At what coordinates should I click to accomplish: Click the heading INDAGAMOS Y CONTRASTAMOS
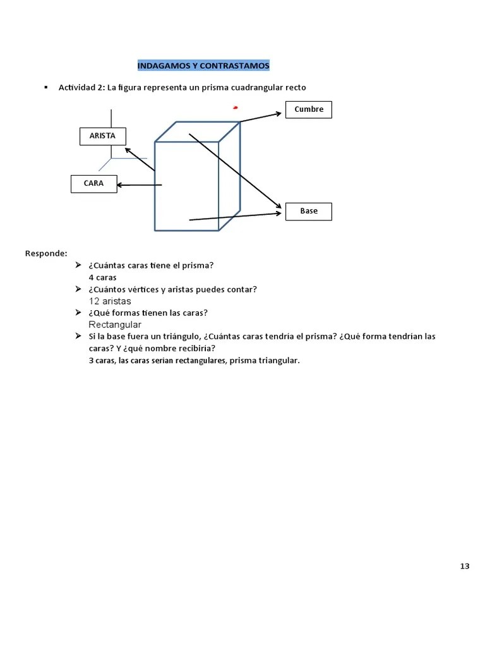pyautogui.click(x=203, y=66)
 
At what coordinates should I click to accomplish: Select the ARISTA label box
pyautogui.click(x=102, y=136)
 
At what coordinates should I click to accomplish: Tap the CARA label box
pyautogui.click(x=93, y=184)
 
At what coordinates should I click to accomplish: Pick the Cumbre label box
pyautogui.click(x=309, y=109)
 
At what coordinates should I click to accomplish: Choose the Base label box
pyautogui.click(x=309, y=211)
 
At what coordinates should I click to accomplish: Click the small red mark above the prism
pyautogui.click(x=236, y=107)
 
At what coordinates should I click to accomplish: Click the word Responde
pyautogui.click(x=46, y=253)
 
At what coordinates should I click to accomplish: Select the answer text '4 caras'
pyautogui.click(x=103, y=277)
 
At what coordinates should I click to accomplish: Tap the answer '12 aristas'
pyautogui.click(x=111, y=301)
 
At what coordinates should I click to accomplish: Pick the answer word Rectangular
pyautogui.click(x=115, y=325)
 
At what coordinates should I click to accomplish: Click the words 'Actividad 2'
pyautogui.click(x=81, y=87)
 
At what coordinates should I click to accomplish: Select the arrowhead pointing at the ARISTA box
pyautogui.click(x=128, y=150)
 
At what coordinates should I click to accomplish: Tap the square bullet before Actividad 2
pyautogui.click(x=46, y=87)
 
